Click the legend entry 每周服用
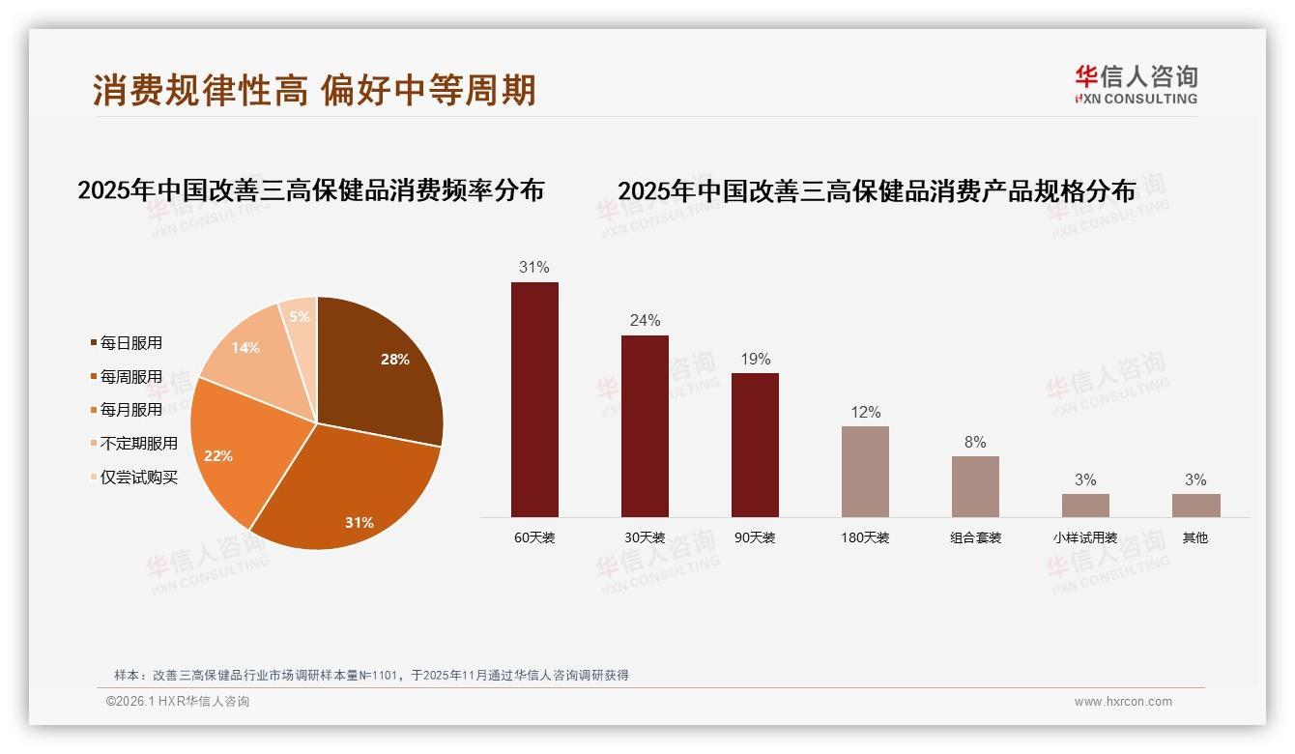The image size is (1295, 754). point(130,377)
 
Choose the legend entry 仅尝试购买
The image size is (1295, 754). point(138,478)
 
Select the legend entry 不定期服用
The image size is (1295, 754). point(138,444)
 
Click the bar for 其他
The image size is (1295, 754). point(1195,506)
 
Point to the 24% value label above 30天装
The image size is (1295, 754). point(645,320)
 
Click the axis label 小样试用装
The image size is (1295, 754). point(1085,537)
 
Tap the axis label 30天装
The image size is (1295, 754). point(645,537)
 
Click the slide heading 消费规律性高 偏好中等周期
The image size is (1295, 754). point(314,91)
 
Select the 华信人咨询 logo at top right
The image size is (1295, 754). point(1136,84)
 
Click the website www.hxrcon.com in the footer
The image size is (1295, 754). point(1123,702)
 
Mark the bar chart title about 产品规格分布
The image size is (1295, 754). point(877,191)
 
